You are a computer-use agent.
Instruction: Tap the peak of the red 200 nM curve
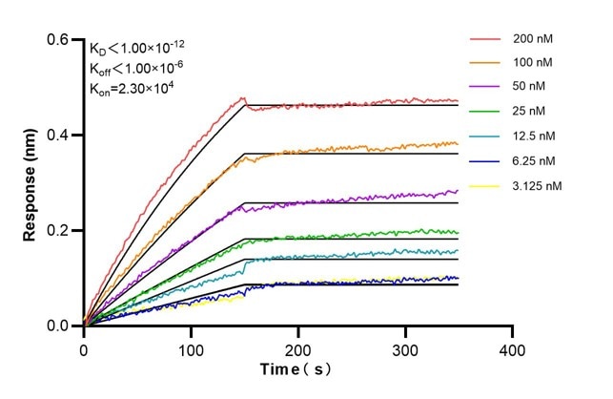[243, 97]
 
